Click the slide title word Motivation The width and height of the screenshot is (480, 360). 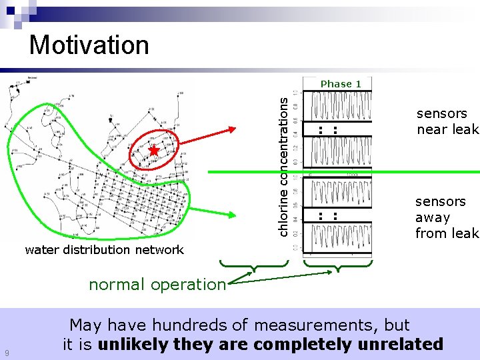click(89, 45)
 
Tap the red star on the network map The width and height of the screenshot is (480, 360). click(154, 151)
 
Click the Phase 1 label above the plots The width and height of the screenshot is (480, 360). click(341, 84)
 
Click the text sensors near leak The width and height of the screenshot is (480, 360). click(447, 121)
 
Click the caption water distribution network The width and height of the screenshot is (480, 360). click(104, 250)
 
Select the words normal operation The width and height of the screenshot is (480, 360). click(157, 284)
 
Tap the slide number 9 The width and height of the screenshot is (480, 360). click(6, 353)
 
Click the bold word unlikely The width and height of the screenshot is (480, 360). click(130, 344)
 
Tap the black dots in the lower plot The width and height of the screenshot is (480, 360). click(327, 216)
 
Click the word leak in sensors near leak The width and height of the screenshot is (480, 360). click(465, 129)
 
